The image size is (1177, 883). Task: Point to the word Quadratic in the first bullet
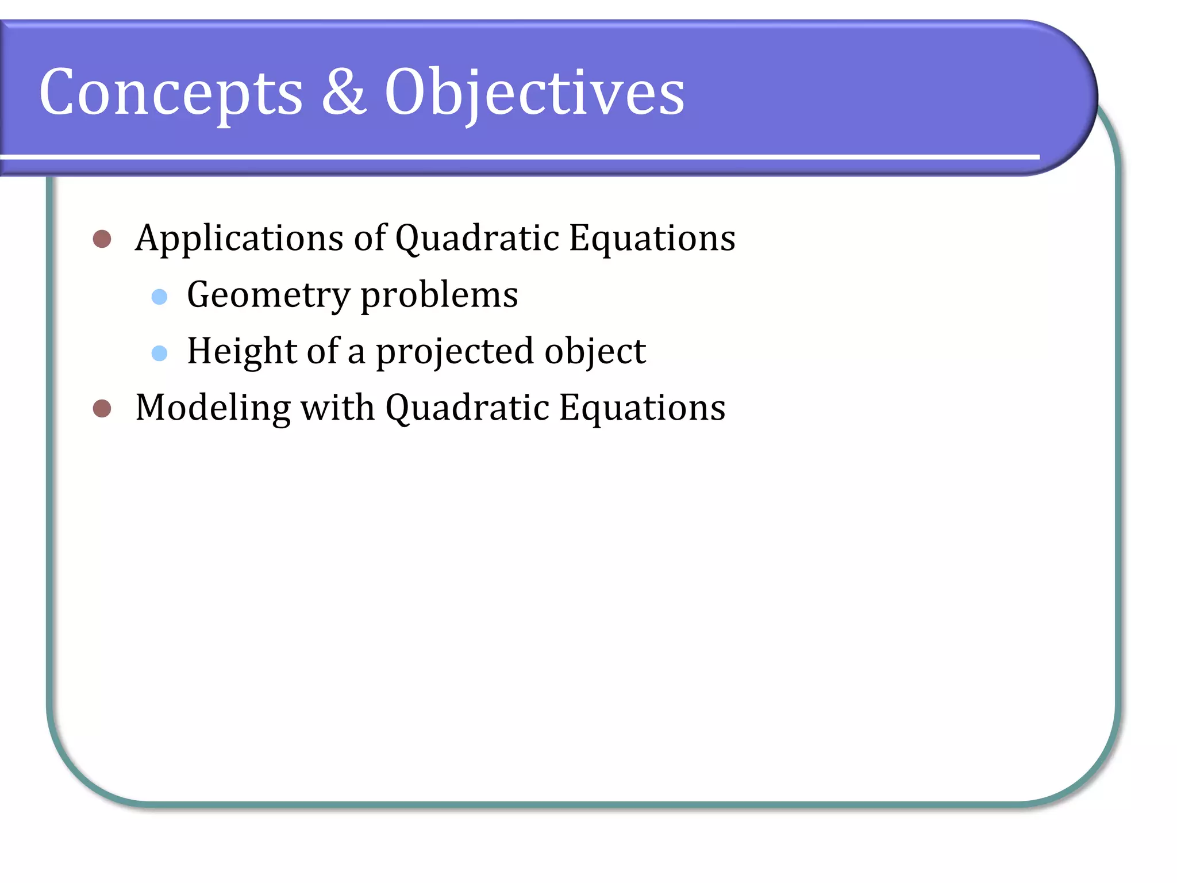tap(477, 239)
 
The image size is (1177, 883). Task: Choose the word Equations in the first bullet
tap(652, 239)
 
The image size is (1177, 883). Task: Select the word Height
tap(242, 351)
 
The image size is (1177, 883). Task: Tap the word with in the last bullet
tap(337, 408)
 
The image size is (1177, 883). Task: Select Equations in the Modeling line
tap(642, 408)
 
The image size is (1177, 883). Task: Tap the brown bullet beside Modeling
tap(102, 409)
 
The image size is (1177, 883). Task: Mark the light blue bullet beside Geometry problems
tap(159, 297)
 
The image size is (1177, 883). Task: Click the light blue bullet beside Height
tap(159, 353)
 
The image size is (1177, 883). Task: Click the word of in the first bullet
tap(370, 237)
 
